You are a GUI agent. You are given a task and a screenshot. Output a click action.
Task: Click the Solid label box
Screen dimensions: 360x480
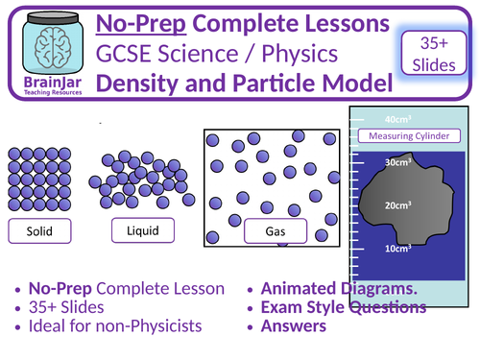pos(41,229)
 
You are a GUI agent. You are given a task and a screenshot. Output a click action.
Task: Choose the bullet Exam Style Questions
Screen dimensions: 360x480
pos(344,307)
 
